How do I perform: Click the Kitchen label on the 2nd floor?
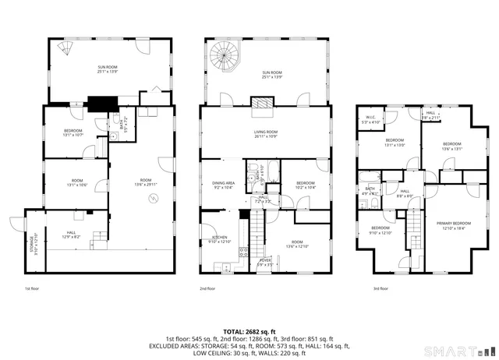tap(220, 239)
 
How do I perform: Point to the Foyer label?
tap(265, 263)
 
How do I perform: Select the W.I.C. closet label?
tap(370, 121)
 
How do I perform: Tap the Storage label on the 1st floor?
tap(33, 242)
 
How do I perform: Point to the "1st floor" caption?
tap(32, 288)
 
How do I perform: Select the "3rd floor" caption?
tap(381, 288)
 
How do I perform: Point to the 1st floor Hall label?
tap(71, 234)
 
